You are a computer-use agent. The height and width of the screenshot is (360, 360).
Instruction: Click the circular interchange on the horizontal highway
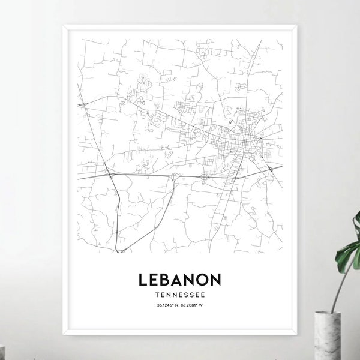pos(206,176)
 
